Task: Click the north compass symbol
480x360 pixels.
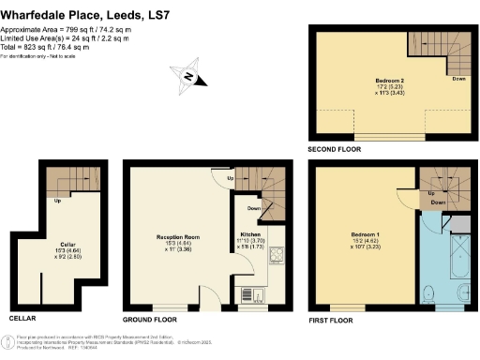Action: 190,77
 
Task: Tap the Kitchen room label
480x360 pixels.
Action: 249,232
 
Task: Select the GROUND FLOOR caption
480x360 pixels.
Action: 154,319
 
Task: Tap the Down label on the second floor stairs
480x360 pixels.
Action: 458,79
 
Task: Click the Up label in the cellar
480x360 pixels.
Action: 59,201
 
